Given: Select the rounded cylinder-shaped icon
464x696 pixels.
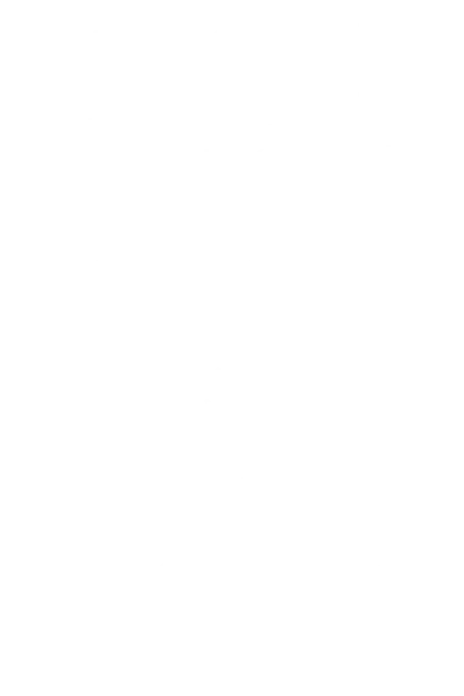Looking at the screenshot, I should tap(244, 62).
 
